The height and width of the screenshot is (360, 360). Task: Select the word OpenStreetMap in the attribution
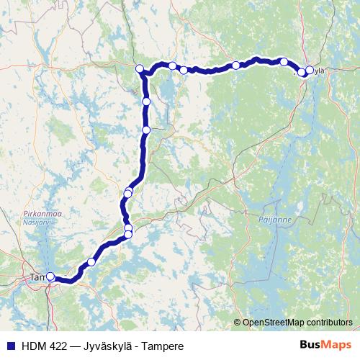click(275, 323)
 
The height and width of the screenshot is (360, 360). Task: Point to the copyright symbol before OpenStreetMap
click(238, 323)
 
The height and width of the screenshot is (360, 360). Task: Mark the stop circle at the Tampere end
click(50, 276)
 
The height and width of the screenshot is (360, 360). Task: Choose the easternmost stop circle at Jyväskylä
click(310, 70)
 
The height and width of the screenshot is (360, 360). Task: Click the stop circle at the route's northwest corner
click(140, 69)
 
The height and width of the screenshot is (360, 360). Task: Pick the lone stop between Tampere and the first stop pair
click(91, 261)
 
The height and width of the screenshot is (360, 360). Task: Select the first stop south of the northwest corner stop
click(146, 102)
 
